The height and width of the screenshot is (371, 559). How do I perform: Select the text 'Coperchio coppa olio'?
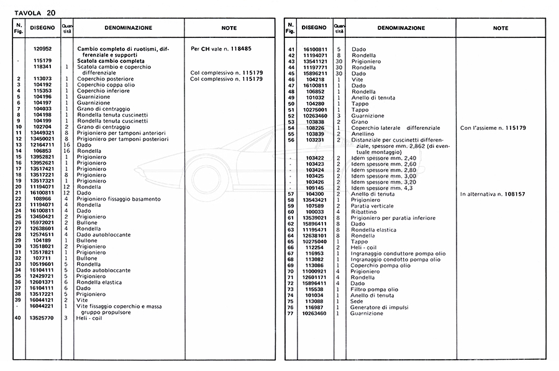click(x=102, y=85)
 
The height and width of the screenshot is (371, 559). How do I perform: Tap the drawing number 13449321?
click(x=42, y=132)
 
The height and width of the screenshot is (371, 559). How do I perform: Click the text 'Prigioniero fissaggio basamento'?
click(x=119, y=199)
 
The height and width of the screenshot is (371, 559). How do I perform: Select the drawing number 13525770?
click(x=42, y=318)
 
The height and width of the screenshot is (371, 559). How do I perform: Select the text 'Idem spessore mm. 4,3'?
click(x=382, y=188)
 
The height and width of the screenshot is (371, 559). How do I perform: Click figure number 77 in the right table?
click(x=290, y=314)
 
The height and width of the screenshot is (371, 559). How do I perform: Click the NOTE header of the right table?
click(x=500, y=28)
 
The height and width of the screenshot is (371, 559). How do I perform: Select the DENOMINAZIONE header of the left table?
click(x=128, y=28)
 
